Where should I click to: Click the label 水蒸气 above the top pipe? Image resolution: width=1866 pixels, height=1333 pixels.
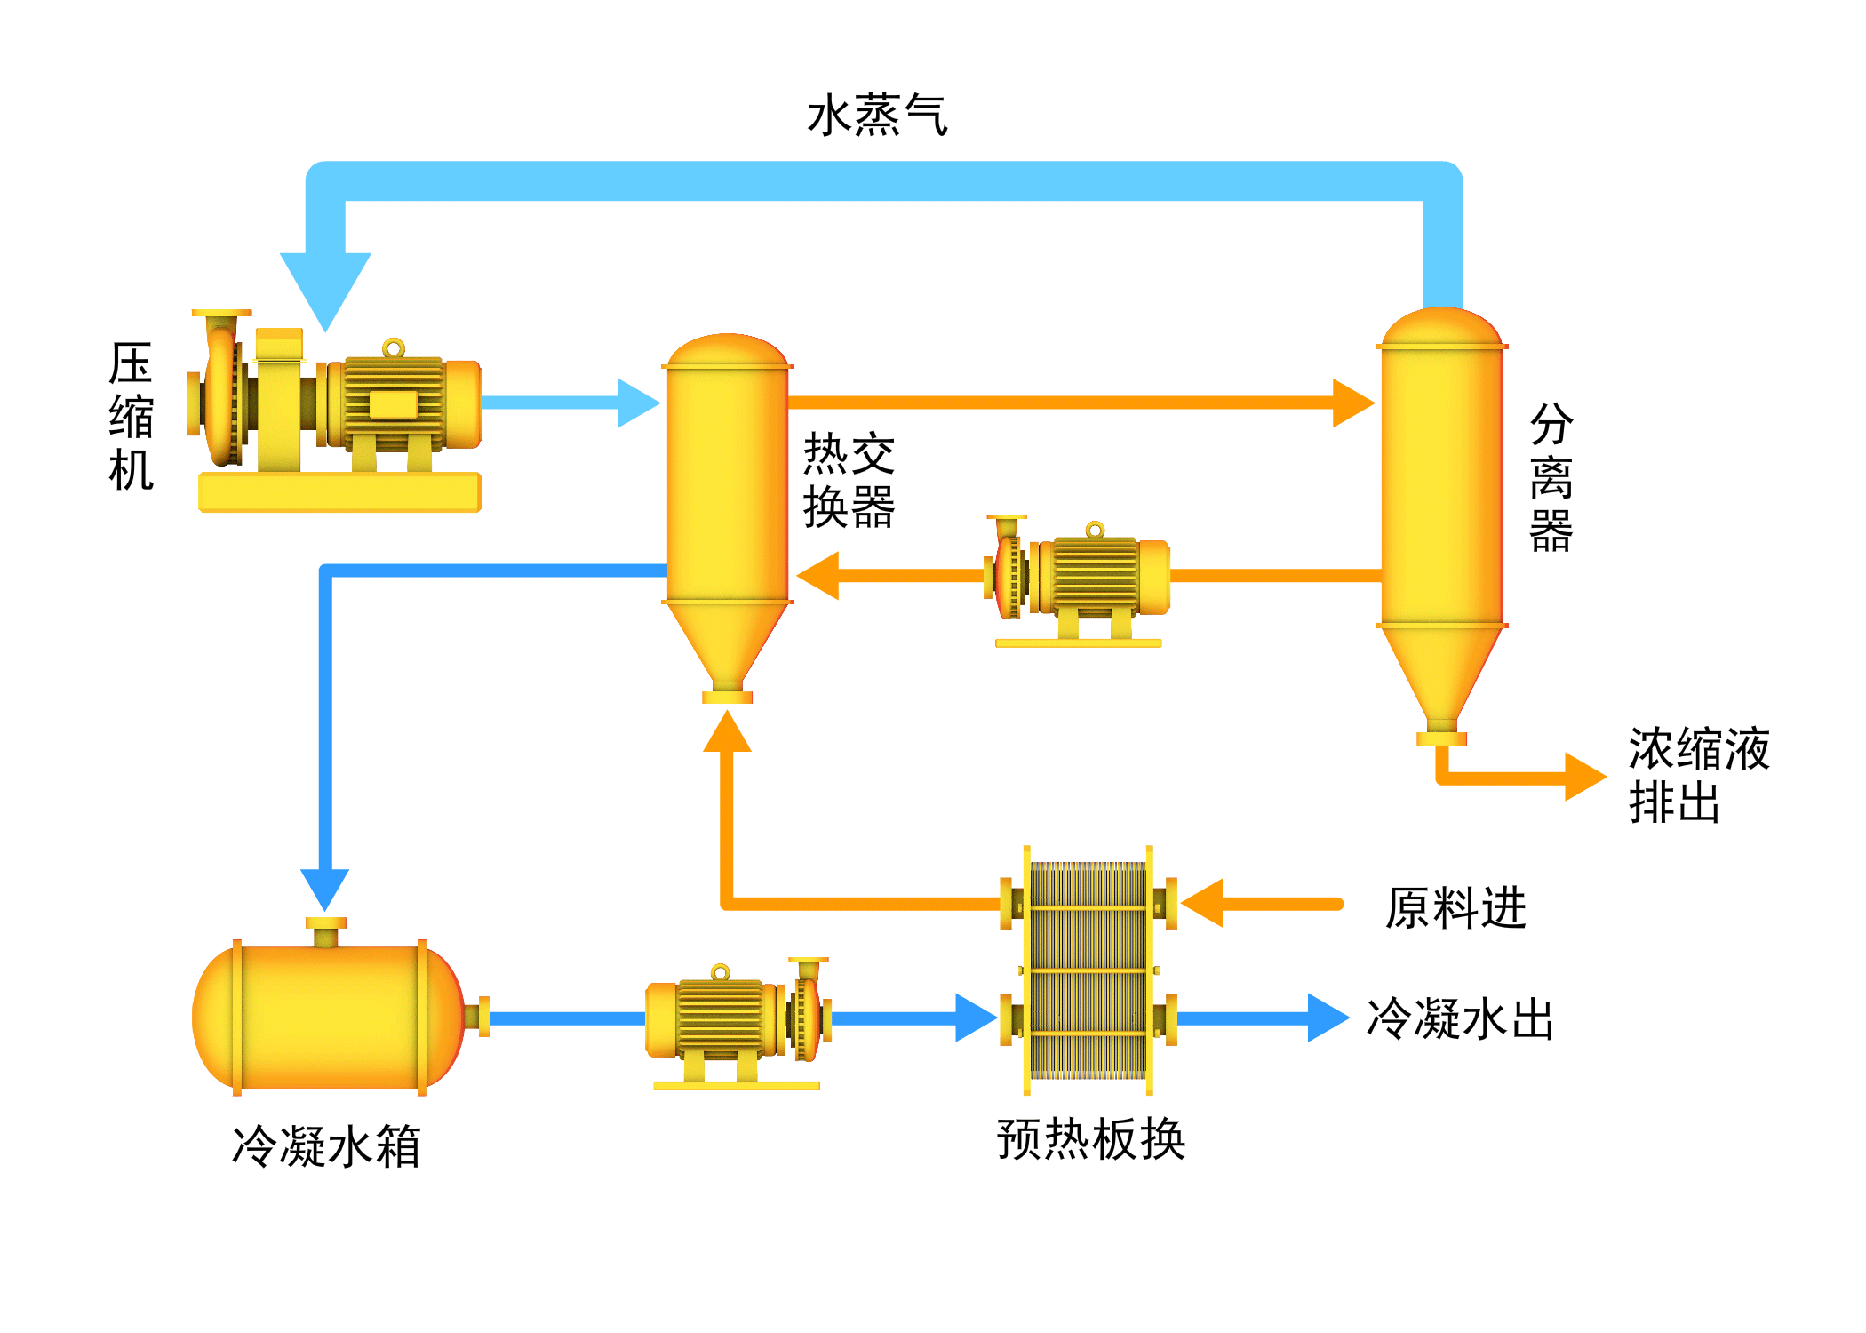(x=877, y=116)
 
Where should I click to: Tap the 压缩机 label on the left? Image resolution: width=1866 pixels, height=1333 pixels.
(x=131, y=416)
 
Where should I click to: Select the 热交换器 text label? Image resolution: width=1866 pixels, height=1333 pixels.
(x=849, y=480)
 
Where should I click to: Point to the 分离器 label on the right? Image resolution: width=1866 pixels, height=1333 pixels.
(x=1551, y=477)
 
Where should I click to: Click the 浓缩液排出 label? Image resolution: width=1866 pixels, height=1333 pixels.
(x=1698, y=775)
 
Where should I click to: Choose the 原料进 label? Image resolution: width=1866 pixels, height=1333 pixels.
(x=1455, y=908)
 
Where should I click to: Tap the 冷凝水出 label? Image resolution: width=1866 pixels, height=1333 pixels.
(x=1460, y=1018)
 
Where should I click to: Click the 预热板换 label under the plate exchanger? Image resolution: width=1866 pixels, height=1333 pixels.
(x=1090, y=1139)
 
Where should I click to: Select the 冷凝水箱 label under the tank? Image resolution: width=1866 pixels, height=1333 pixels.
(x=326, y=1145)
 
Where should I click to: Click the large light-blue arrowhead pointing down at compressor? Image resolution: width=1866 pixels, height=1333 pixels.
(x=325, y=284)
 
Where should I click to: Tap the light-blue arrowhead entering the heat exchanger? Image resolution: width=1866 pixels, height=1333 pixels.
(x=637, y=403)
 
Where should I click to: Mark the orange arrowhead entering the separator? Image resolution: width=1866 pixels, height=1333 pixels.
(x=1352, y=403)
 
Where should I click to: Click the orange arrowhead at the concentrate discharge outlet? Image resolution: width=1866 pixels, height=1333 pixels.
(x=1583, y=778)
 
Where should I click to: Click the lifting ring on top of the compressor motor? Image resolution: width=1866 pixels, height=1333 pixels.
(x=394, y=347)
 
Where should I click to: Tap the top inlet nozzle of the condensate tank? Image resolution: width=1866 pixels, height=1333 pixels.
(x=326, y=932)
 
